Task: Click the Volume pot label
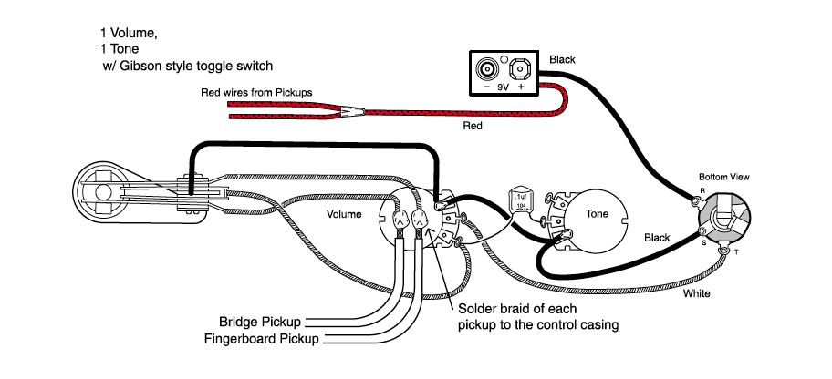(x=345, y=215)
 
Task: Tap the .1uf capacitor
(x=521, y=200)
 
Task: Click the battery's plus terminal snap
(x=521, y=68)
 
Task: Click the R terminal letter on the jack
(x=701, y=191)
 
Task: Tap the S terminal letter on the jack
(x=702, y=242)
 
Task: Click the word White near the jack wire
(x=696, y=293)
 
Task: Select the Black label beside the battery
(x=563, y=60)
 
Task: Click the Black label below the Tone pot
(x=657, y=238)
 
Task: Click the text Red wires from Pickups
(x=256, y=93)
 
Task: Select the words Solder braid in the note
(x=494, y=309)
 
